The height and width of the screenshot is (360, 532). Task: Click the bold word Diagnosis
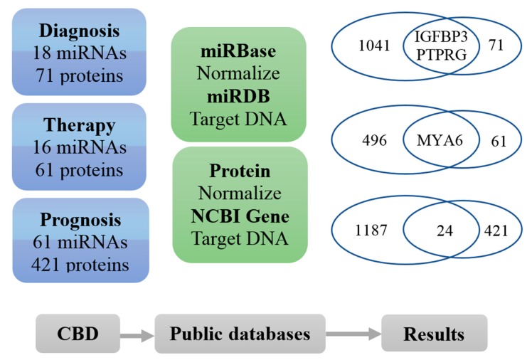(79, 31)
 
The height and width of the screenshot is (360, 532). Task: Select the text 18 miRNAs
(79, 53)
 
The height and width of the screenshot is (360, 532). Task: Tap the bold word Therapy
(79, 126)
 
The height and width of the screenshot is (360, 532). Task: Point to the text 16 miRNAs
(79, 148)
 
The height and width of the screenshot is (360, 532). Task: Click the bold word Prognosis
(79, 220)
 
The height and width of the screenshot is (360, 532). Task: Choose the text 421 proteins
(79, 265)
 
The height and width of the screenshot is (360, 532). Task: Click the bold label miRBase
(238, 52)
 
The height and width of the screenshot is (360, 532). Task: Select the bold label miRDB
(238, 96)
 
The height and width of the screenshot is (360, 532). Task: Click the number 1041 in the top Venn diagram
(374, 46)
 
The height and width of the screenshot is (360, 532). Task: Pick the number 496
(374, 140)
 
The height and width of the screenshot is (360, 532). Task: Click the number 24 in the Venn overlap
(445, 230)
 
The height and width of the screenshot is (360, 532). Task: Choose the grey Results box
(434, 333)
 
